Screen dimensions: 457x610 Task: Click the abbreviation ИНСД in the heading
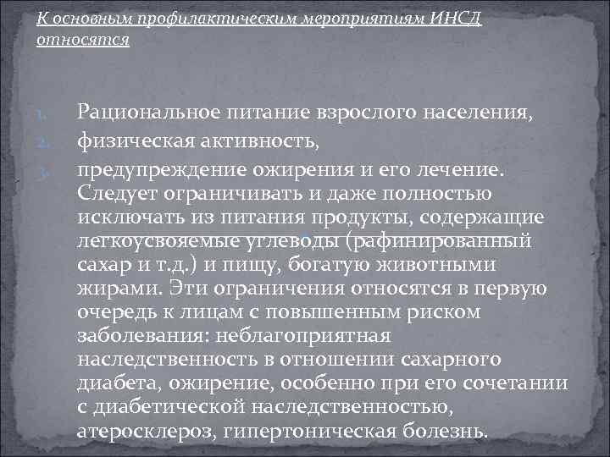[x=452, y=19]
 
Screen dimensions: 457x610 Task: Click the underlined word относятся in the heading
[x=83, y=40]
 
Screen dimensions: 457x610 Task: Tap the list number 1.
[x=48, y=113]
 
